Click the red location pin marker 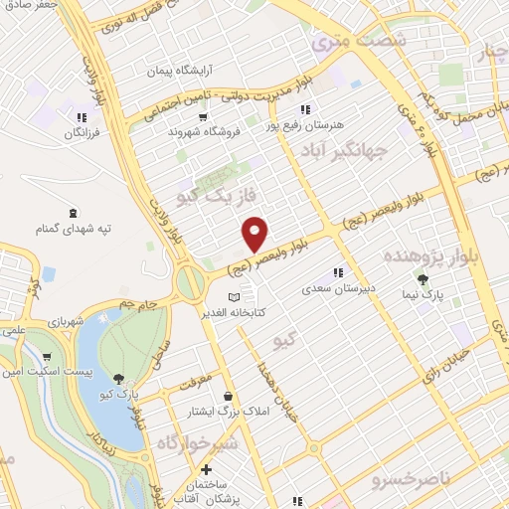coord(255,233)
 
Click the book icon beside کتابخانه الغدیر coord(234,298)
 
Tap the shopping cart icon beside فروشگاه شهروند coord(204,115)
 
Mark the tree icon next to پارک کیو coord(119,378)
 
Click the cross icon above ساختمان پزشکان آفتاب coord(206,469)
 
